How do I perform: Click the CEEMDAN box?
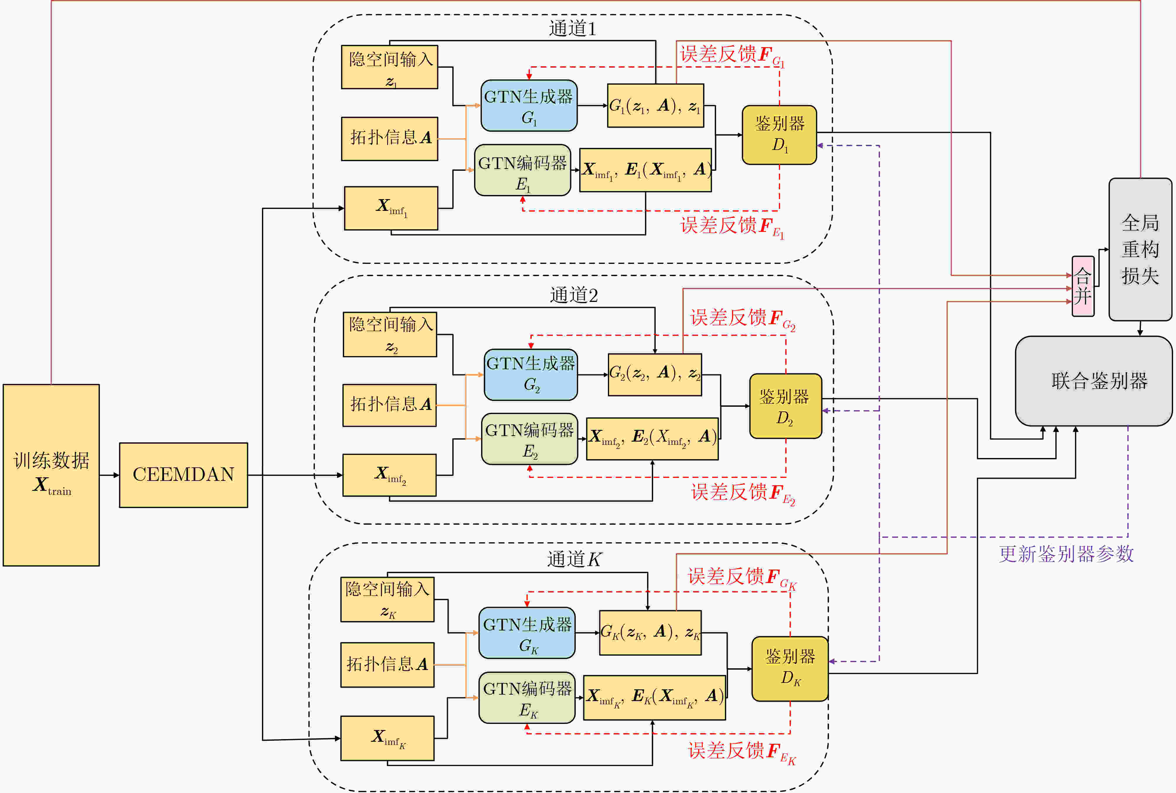pyautogui.click(x=184, y=475)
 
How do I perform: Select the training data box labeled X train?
pyautogui.click(x=51, y=475)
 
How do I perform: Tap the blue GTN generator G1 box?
pyautogui.click(x=529, y=106)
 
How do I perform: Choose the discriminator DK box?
pyautogui.click(x=790, y=669)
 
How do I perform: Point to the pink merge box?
pyautogui.click(x=1083, y=286)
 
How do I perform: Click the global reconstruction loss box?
pyautogui.click(x=1140, y=249)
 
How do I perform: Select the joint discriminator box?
pyautogui.click(x=1094, y=381)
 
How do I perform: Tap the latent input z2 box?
pyautogui.click(x=390, y=335)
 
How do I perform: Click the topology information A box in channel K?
pyautogui.click(x=387, y=664)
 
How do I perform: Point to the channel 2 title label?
pyautogui.click(x=574, y=295)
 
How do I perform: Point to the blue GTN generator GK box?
pyautogui.click(x=527, y=633)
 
